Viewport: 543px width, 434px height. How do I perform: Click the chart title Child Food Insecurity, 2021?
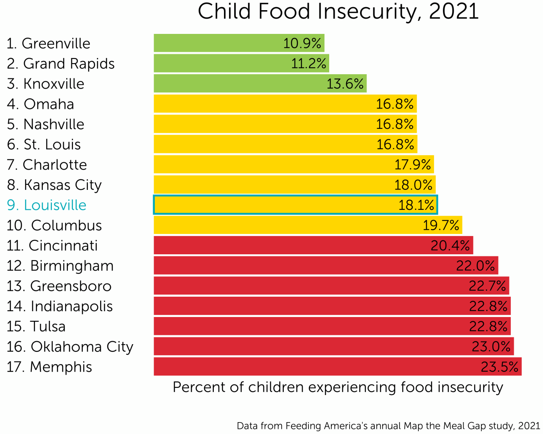(338, 12)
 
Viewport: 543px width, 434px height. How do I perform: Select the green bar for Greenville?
(239, 43)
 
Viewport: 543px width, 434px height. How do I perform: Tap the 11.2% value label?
(308, 64)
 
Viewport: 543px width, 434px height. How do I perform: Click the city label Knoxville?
(46, 84)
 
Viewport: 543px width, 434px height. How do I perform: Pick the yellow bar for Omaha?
(285, 104)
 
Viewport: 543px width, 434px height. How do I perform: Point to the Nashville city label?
(46, 124)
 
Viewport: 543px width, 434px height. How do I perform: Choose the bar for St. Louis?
(285, 144)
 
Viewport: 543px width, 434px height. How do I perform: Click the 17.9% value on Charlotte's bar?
(412, 164)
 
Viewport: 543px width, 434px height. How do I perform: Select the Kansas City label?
(54, 185)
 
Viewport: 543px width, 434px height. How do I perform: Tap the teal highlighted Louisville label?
(47, 205)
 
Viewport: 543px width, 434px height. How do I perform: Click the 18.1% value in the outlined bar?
(416, 205)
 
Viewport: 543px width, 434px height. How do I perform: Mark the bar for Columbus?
(308, 225)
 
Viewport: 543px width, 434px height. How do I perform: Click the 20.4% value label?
(450, 245)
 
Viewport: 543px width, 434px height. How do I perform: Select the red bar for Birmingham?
(326, 266)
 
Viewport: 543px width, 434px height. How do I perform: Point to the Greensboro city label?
(59, 286)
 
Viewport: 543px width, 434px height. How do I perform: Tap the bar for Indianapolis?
(332, 306)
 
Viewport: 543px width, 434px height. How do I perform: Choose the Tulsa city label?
(36, 326)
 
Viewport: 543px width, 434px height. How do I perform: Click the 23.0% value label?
(491, 347)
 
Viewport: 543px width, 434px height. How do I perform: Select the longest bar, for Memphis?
(337, 367)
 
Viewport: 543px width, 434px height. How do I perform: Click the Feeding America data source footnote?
(388, 426)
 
